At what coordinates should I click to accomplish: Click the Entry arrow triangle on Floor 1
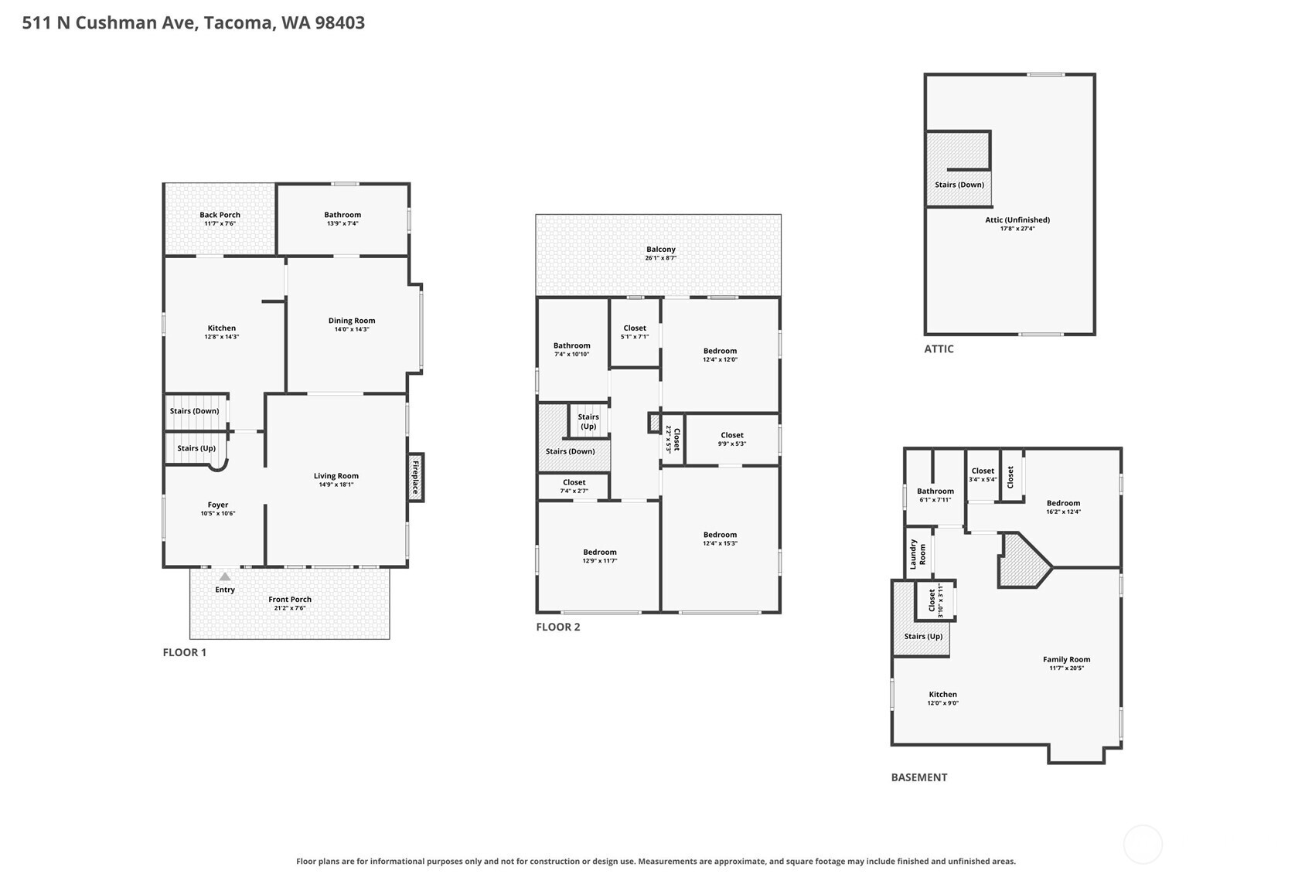(225, 576)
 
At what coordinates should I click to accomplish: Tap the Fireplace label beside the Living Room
(415, 477)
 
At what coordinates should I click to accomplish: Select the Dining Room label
(352, 320)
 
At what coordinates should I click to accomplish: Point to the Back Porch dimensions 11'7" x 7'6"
(220, 223)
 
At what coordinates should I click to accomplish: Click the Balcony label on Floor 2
(661, 250)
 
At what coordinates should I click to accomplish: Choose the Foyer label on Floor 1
(218, 505)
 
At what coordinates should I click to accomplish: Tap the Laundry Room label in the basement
(917, 554)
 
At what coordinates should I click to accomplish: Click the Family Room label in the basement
(1067, 659)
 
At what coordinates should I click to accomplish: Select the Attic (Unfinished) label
(1017, 220)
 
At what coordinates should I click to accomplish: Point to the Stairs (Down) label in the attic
(959, 185)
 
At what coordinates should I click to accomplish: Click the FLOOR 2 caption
(558, 627)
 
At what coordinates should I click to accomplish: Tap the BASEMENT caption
(919, 777)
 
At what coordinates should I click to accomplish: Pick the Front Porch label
(290, 600)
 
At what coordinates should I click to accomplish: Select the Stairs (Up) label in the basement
(923, 636)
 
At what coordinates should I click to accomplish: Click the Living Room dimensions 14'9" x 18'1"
(336, 485)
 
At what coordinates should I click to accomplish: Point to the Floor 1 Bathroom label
(342, 215)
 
